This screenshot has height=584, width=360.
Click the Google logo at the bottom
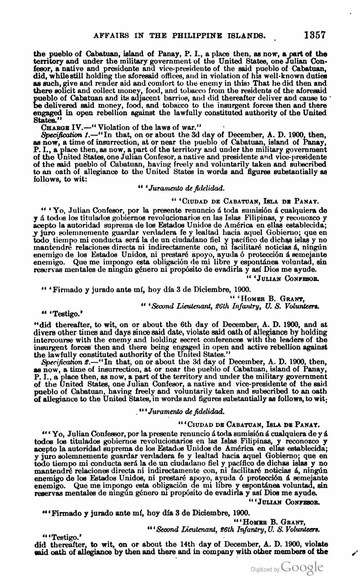(x=302, y=567)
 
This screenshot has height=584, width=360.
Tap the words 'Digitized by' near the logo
(x=265, y=569)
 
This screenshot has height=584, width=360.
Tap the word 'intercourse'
(x=52, y=339)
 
